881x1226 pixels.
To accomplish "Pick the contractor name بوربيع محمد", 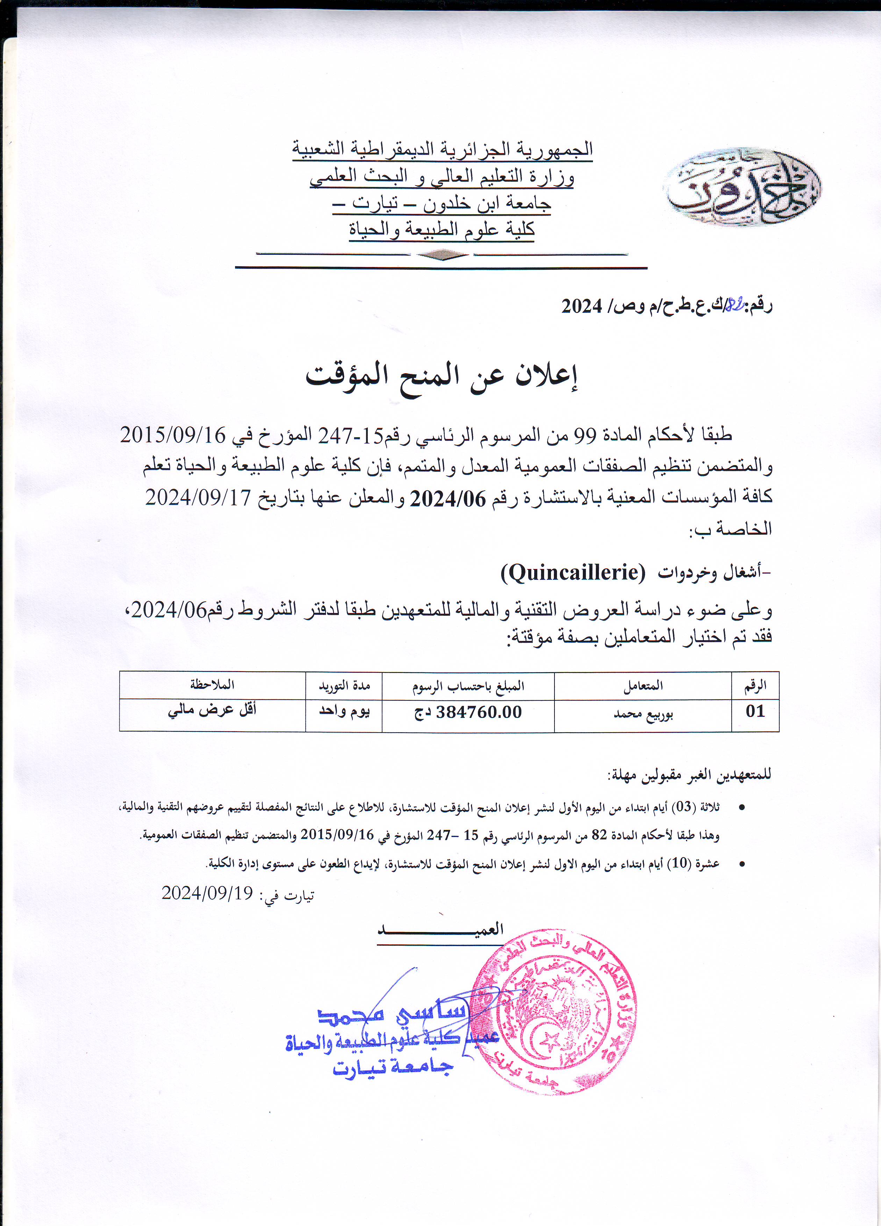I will point(643,714).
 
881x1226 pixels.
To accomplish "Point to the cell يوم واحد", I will point(344,711).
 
